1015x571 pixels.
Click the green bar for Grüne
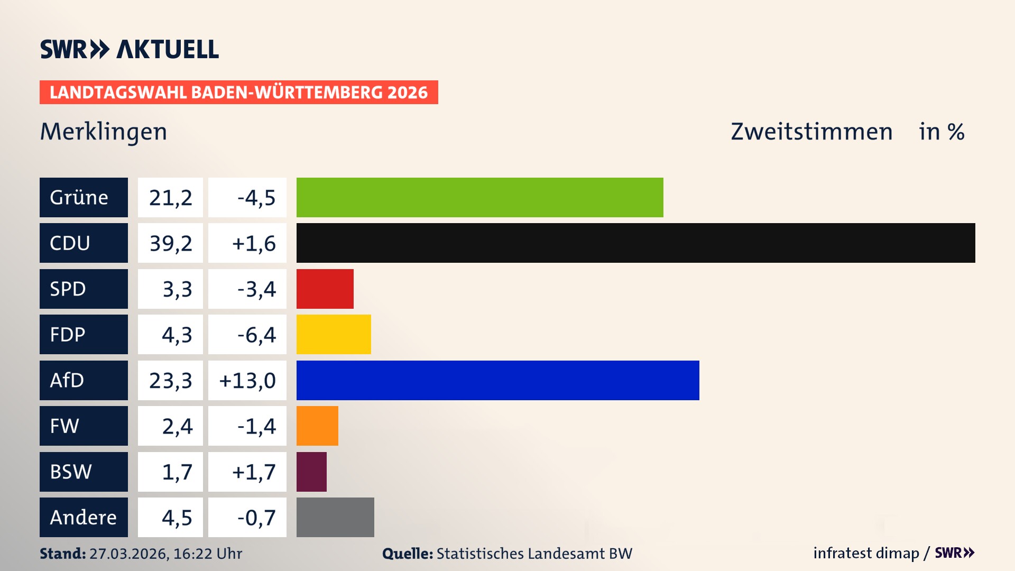point(479,197)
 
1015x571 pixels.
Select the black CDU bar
point(635,243)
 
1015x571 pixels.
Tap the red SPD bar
point(325,289)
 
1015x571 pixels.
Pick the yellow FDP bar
point(334,334)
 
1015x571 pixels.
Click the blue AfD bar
point(497,380)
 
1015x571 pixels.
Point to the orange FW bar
point(317,426)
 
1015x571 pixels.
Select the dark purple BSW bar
point(311,472)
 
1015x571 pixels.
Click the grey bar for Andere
point(335,517)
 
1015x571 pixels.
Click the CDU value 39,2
point(170,243)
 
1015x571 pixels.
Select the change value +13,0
point(247,381)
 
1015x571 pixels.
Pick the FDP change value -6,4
point(256,335)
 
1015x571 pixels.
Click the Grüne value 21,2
point(170,198)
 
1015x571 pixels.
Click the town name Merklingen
point(104,132)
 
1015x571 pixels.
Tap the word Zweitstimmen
point(811,132)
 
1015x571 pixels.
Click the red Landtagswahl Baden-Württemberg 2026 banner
point(238,93)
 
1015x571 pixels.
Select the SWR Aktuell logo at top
point(129,49)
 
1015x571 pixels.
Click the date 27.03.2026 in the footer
point(128,554)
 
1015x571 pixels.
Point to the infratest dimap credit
point(866,553)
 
